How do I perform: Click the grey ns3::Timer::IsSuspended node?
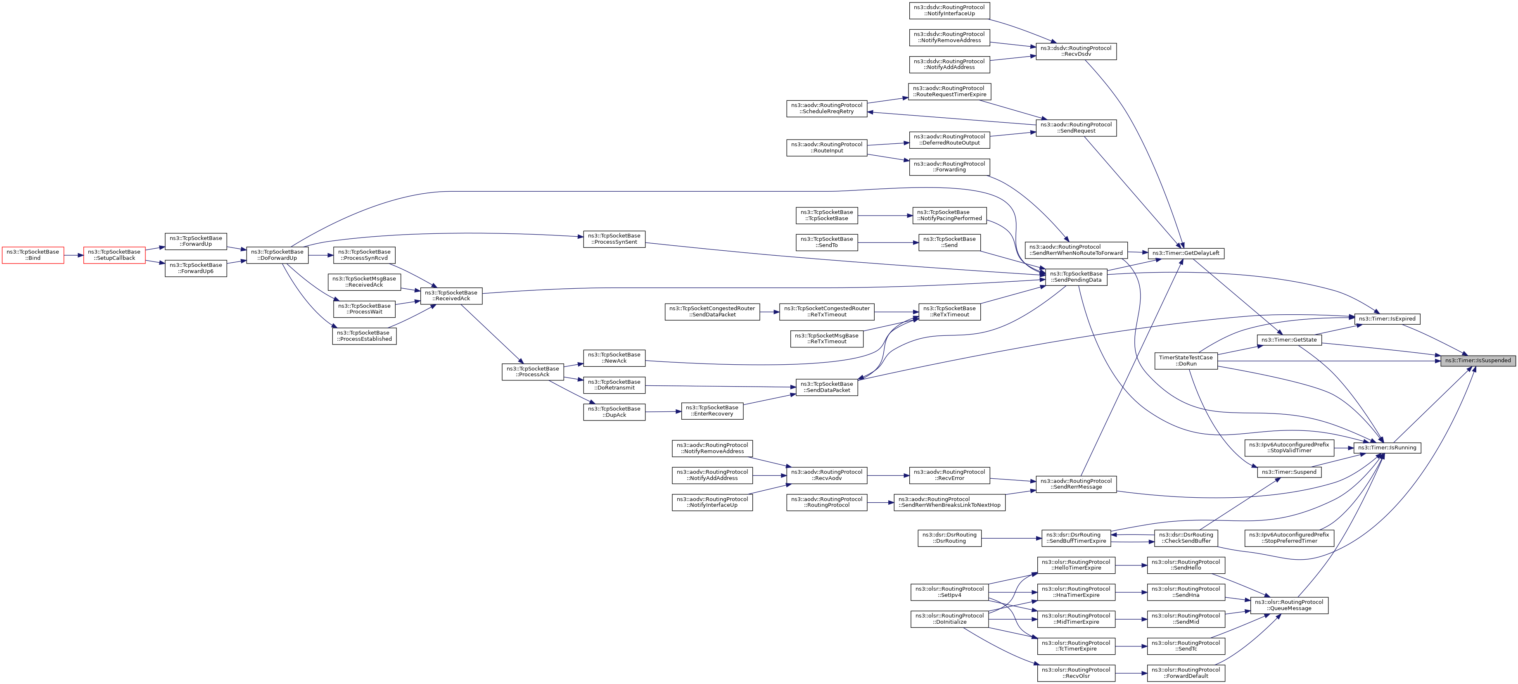point(1478,360)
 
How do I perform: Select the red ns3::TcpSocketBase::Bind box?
point(33,255)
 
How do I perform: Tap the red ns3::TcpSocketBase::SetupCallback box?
point(114,255)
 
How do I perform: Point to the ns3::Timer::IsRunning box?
point(1387,448)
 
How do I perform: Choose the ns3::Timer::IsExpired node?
point(1387,318)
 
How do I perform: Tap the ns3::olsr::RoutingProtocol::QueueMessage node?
point(1289,606)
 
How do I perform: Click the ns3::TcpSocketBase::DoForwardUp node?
point(277,255)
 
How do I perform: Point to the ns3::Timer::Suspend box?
point(1289,472)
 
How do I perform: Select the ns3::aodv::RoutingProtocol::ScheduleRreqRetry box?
point(826,109)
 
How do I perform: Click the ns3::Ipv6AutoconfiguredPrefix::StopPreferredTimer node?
point(1289,538)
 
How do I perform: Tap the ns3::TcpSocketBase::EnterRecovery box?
point(712,411)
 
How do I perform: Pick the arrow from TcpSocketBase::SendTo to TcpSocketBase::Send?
point(888,242)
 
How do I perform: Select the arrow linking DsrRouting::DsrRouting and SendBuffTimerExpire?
point(1011,538)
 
